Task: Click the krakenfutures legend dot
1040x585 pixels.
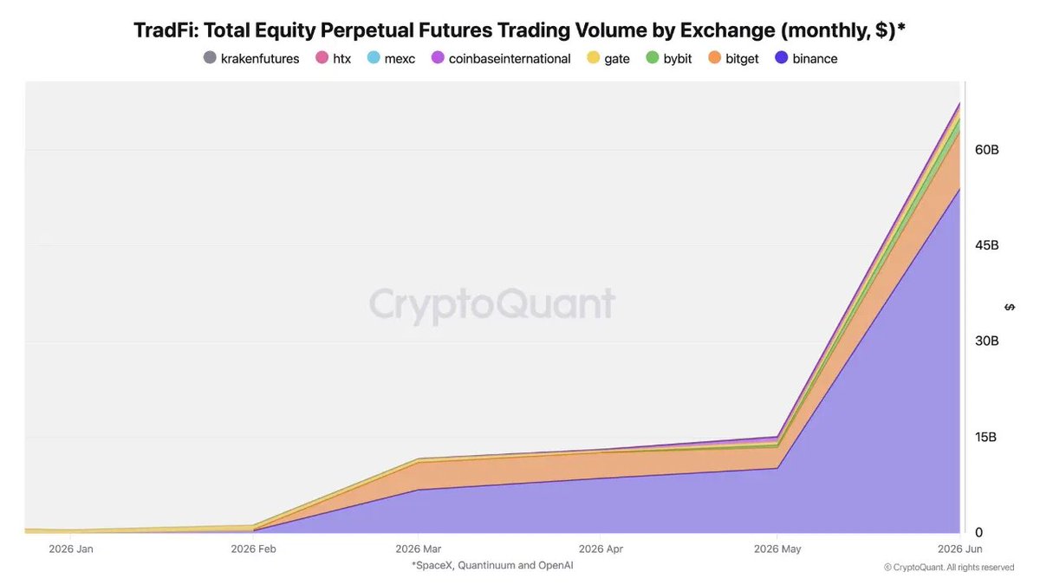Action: coord(210,58)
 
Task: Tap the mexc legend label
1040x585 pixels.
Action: coord(400,59)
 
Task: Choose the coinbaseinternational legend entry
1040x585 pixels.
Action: coord(501,59)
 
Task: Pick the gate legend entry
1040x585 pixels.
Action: coord(608,59)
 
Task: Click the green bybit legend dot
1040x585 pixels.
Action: coord(653,58)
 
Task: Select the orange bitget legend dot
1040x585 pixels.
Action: coord(714,58)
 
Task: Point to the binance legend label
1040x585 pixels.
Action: coord(815,59)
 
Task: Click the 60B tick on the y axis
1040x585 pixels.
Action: coord(986,149)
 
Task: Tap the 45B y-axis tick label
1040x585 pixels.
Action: coord(986,245)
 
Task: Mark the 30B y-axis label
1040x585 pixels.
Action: coord(986,341)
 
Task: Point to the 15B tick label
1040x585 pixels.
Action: coord(985,437)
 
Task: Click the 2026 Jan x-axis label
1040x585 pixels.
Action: coord(71,549)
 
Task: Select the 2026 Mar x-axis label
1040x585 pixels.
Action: coord(419,549)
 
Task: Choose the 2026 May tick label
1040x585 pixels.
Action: coord(777,549)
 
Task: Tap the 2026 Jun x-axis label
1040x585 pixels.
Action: coord(959,549)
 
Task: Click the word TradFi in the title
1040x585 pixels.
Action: coord(166,30)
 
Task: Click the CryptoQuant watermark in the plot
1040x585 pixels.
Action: coord(492,305)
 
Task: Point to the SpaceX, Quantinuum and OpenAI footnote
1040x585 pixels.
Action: coord(492,565)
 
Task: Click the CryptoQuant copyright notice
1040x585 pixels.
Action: coord(949,568)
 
